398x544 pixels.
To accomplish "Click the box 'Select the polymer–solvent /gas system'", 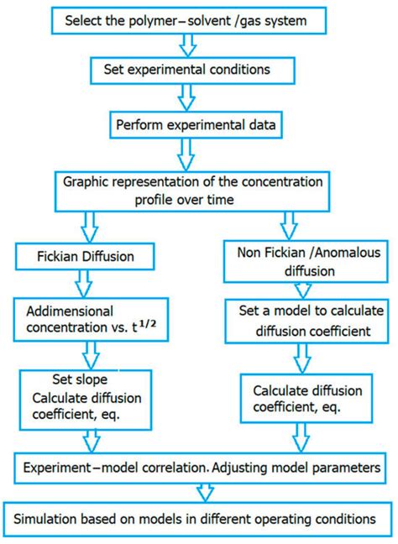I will (193, 21).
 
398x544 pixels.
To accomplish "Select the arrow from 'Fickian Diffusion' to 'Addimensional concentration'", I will (86, 284).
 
